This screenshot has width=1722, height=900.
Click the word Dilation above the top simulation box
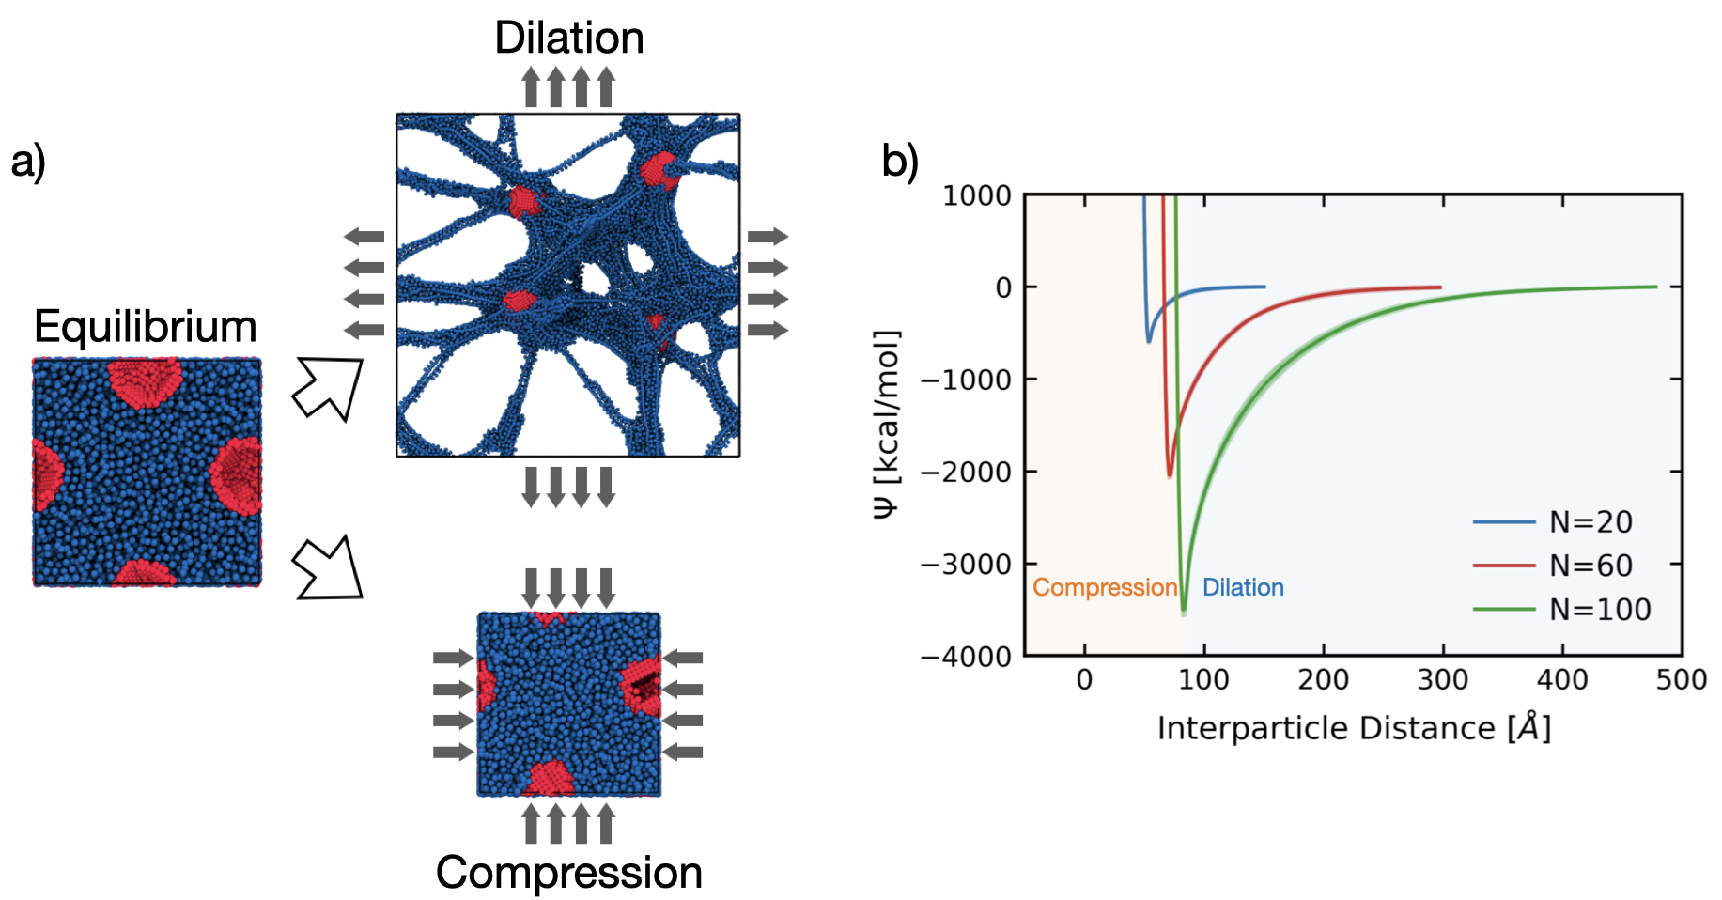point(569,39)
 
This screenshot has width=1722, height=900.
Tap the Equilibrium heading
point(146,327)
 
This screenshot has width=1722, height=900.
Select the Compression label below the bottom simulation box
point(569,873)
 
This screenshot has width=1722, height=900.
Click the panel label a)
point(28,161)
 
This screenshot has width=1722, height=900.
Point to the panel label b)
point(900,161)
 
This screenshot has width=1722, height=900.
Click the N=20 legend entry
point(1590,522)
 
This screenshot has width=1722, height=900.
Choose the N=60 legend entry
point(1590,566)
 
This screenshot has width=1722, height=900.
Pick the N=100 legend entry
point(1600,610)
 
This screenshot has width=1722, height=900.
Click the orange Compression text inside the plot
point(1105,587)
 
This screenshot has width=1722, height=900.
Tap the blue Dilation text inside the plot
point(1243,587)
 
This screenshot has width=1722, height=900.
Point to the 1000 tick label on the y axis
point(977,195)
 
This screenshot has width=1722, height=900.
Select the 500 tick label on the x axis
point(1681,679)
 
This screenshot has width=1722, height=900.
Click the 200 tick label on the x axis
point(1323,679)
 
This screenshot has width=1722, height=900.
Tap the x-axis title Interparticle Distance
point(1354,728)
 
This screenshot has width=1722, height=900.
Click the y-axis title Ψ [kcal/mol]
point(887,424)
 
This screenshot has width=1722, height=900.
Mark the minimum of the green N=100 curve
point(1183,612)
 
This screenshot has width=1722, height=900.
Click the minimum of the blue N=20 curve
point(1148,340)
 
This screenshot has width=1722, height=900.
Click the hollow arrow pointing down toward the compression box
point(328,567)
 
